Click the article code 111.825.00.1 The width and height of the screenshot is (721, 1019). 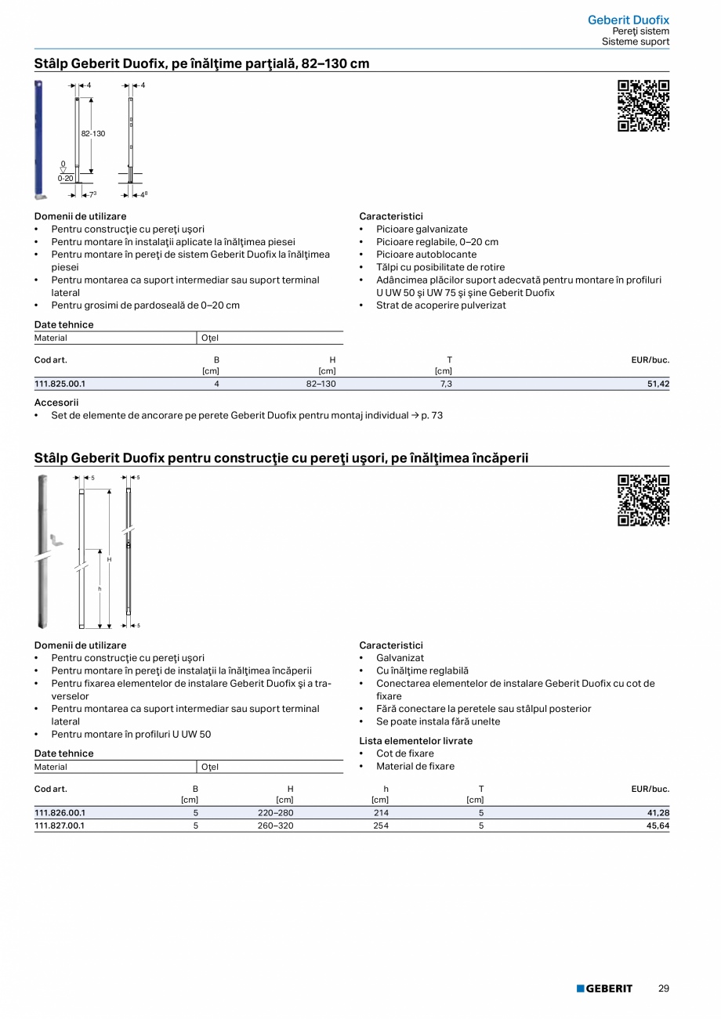[x=60, y=384]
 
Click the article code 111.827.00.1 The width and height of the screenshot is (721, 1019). [x=60, y=826]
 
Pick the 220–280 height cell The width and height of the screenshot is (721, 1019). [x=275, y=813]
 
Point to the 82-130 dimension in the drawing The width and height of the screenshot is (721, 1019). [x=93, y=134]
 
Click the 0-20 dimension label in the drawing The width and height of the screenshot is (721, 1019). [x=65, y=179]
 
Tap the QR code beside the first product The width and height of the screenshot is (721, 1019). [x=643, y=106]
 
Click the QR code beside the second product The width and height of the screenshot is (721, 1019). [x=643, y=500]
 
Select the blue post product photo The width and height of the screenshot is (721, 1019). [x=38, y=139]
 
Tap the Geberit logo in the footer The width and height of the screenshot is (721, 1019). [x=604, y=988]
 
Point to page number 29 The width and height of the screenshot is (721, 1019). [x=664, y=988]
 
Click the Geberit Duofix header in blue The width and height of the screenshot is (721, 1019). [x=629, y=20]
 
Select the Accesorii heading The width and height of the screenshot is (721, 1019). [x=56, y=403]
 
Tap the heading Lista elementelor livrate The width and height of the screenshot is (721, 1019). [x=416, y=741]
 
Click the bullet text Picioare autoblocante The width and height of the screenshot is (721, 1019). [x=426, y=255]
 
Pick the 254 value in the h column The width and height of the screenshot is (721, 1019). [x=381, y=826]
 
